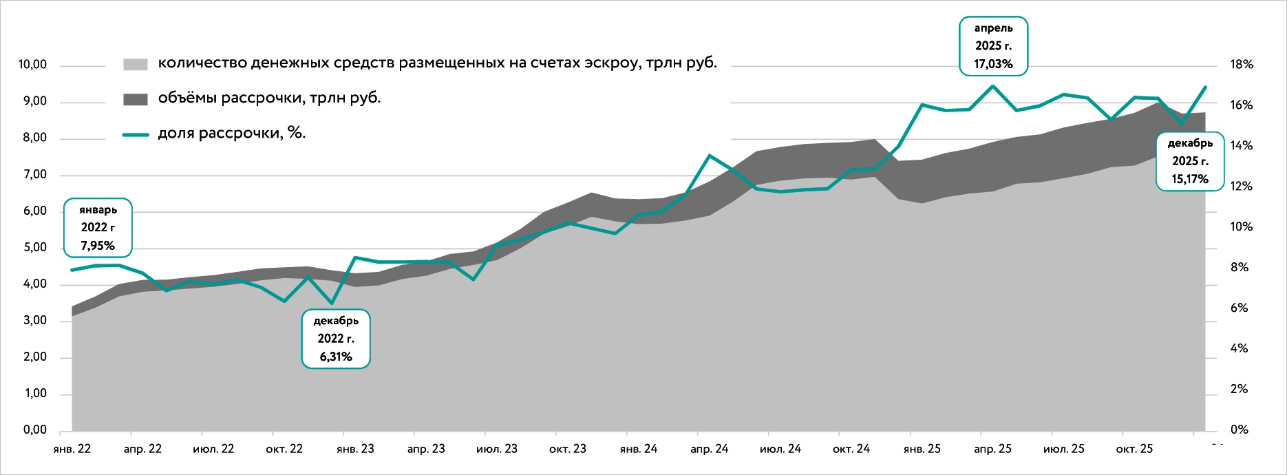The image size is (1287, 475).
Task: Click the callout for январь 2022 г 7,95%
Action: (98, 227)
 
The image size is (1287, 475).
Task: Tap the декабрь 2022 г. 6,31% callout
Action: (336, 339)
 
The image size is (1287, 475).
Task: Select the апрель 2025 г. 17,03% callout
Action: (994, 46)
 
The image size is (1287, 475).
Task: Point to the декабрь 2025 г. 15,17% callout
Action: (1191, 161)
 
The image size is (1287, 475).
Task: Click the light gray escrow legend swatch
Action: (136, 64)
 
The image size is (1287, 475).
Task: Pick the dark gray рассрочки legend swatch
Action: (136, 99)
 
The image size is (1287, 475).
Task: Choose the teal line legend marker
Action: (136, 135)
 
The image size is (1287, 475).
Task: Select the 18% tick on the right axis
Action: (1242, 65)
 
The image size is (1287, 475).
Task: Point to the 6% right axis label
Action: (1240, 308)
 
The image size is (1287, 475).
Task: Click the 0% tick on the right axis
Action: (1240, 430)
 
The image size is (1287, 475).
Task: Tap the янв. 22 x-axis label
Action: (72, 449)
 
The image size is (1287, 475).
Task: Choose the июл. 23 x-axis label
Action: (497, 449)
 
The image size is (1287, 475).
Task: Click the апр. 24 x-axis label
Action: (710, 449)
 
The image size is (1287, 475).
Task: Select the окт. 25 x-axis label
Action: (1134, 449)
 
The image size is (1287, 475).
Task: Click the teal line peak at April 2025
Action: (992, 86)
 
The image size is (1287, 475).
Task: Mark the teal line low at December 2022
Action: (332, 303)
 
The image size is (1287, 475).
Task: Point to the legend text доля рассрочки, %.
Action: (232, 134)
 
